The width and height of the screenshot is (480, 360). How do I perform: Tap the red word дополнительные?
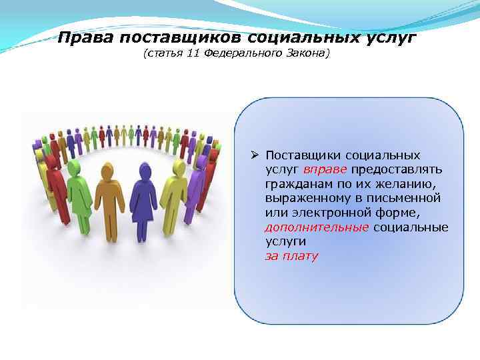tap(316, 227)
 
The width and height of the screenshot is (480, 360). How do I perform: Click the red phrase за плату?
tap(292, 256)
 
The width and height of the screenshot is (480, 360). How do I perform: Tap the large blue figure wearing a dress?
tap(143, 200)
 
